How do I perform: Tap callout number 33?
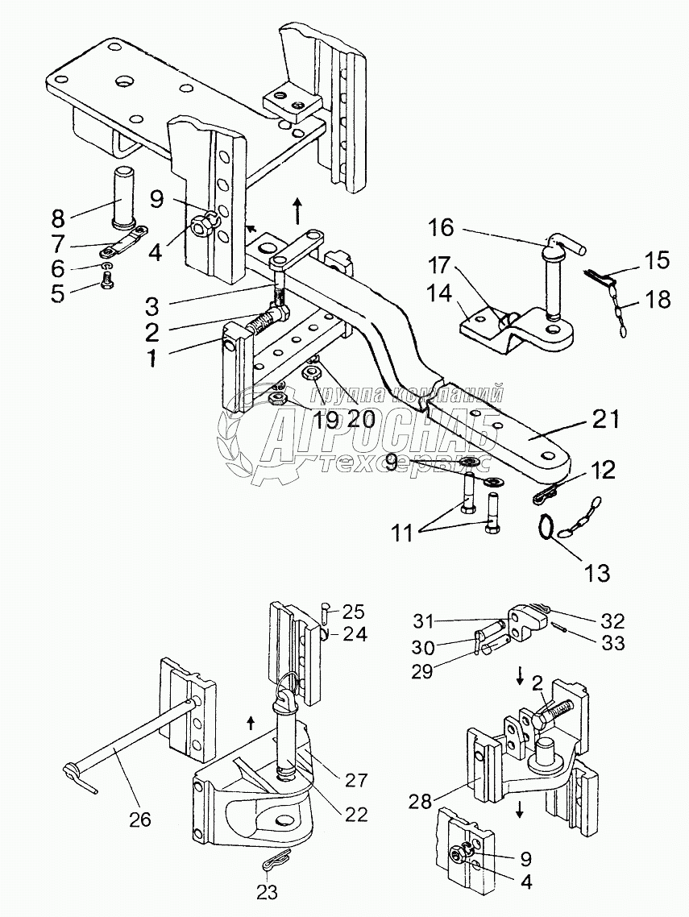coord(612,644)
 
